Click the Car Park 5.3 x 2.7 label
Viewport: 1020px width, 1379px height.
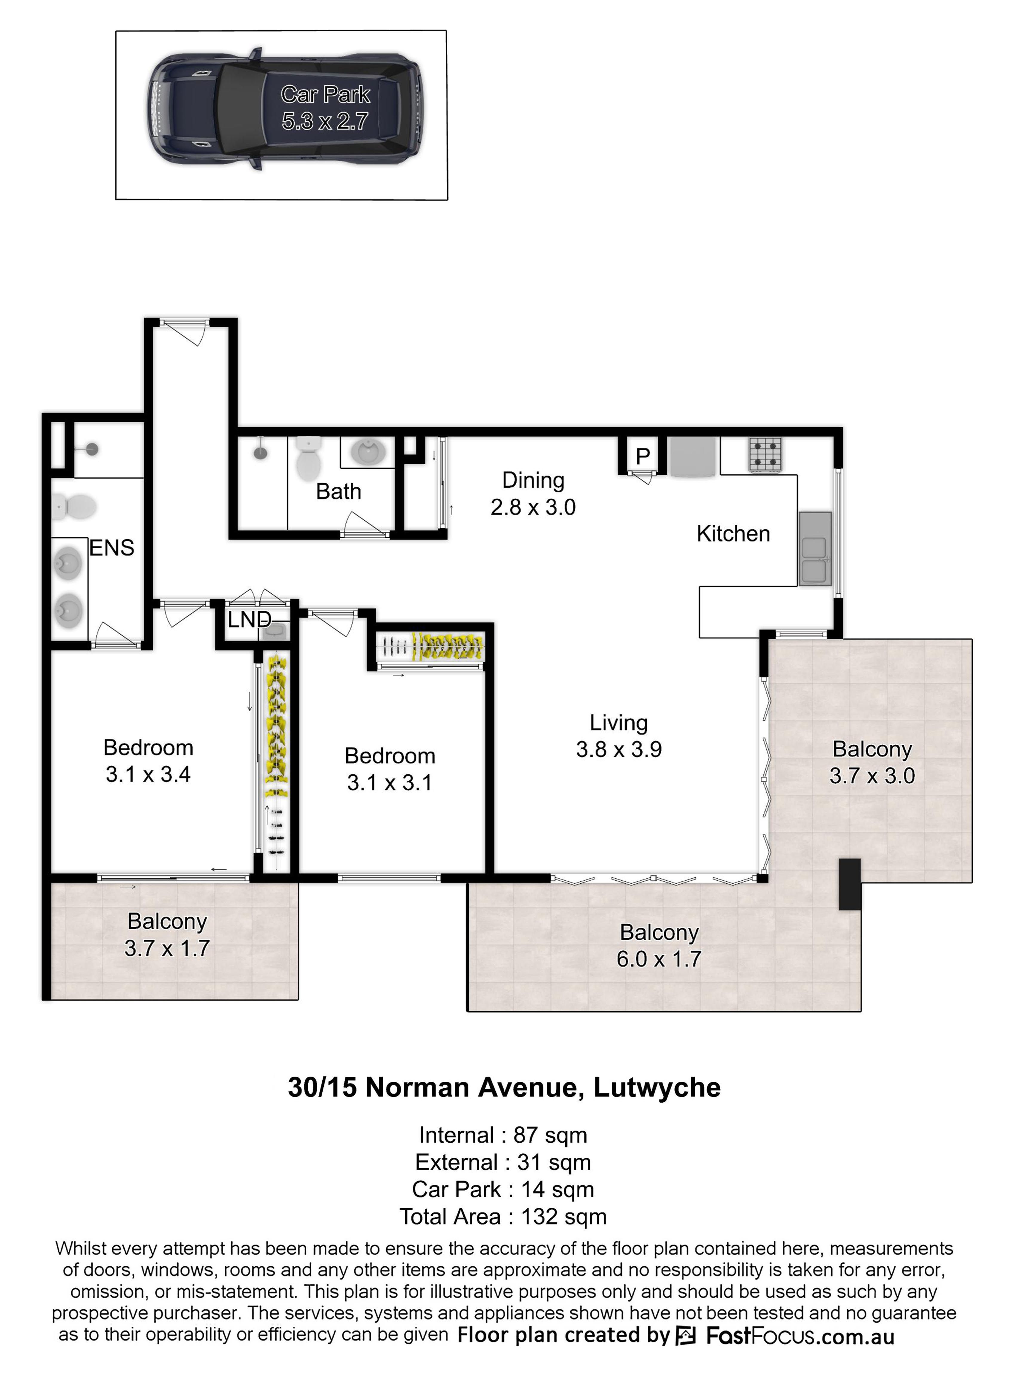[x=325, y=108]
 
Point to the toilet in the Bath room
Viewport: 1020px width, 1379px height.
[x=309, y=459]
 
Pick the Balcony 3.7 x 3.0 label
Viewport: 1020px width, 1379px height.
[x=872, y=762]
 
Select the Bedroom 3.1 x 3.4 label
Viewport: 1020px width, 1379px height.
[x=148, y=761]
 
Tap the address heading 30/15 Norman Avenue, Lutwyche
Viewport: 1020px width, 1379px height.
[x=504, y=1087]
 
